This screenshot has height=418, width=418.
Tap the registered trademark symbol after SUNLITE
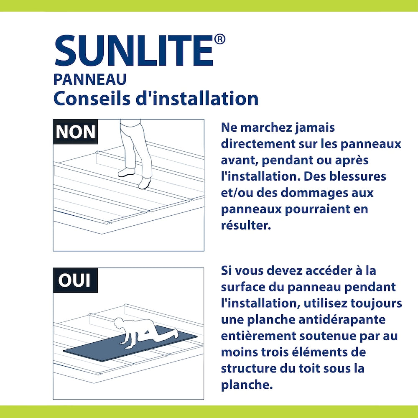pyautogui.click(x=220, y=39)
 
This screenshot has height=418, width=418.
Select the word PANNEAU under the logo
pyautogui.click(x=90, y=79)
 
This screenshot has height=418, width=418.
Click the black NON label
pyautogui.click(x=76, y=132)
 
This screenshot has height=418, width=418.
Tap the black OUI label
pyautogui.click(x=75, y=280)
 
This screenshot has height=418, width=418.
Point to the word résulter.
pyautogui.click(x=246, y=225)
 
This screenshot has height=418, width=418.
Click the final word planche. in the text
pyautogui.click(x=247, y=385)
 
